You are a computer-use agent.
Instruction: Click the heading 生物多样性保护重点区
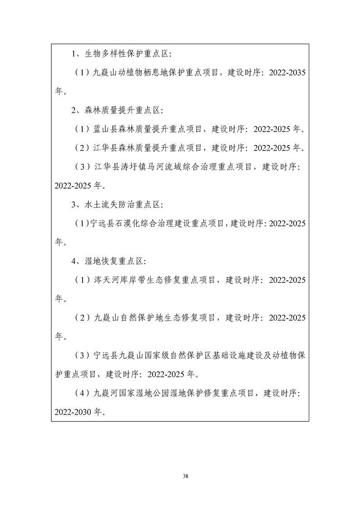coord(127,54)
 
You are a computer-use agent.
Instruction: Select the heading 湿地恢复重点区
coord(114,261)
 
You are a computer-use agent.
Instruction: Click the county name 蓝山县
coord(105,129)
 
